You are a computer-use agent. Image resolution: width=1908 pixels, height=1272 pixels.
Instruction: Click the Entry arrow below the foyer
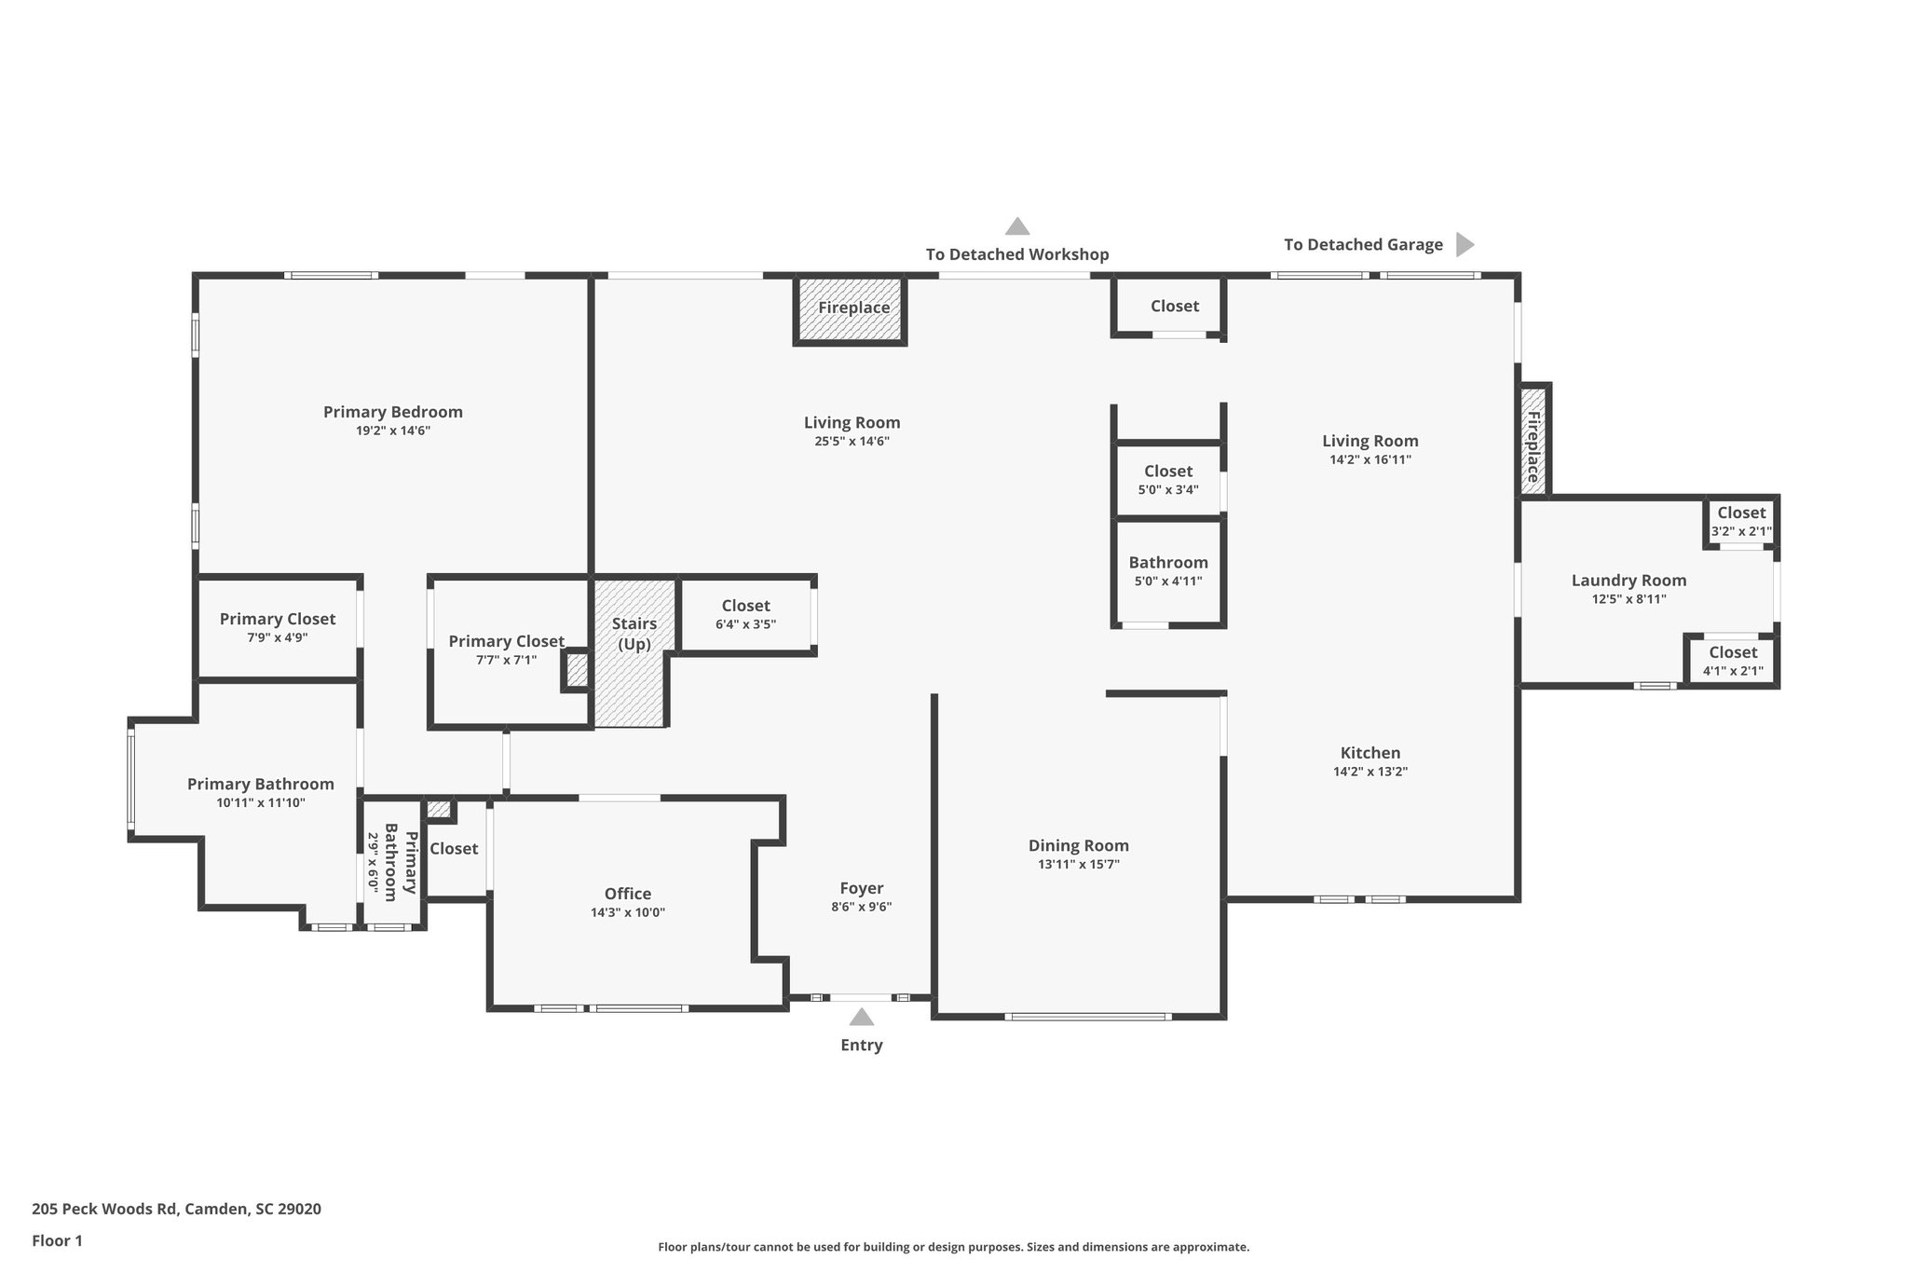point(861,1017)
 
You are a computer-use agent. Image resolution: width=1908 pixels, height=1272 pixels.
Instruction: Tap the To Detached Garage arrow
point(1464,244)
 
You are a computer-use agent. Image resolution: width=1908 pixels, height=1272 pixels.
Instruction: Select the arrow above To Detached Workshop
point(1016,226)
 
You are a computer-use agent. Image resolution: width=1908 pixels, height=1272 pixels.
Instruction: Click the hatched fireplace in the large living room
point(850,308)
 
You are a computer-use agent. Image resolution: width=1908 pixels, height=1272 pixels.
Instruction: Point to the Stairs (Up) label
point(634,634)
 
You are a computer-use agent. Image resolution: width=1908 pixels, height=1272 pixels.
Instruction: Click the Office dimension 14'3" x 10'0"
point(627,912)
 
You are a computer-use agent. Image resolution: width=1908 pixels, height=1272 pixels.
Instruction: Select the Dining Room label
point(1078,845)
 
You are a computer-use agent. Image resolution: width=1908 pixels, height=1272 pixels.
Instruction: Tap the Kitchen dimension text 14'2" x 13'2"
point(1370,772)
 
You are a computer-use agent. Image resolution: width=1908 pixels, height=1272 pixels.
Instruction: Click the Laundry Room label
point(1628,580)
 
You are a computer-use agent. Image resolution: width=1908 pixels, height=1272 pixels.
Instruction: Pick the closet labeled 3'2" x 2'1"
point(1740,522)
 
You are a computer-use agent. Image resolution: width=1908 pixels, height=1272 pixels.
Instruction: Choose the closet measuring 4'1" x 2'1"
point(1732,661)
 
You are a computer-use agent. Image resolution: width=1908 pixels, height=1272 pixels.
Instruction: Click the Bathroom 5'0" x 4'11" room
point(1167,571)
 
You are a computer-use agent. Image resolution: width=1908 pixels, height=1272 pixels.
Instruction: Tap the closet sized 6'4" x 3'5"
point(745,614)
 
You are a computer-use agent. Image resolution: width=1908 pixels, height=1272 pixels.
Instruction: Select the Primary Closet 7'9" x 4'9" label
point(277,619)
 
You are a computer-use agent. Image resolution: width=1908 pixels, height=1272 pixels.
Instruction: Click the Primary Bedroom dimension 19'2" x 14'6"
point(392,431)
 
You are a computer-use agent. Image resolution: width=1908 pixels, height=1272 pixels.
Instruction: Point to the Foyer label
point(861,888)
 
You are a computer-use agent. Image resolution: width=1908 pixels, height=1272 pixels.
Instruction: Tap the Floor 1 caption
point(57,1240)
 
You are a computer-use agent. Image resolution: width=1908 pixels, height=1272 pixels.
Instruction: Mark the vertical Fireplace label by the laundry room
point(1533,446)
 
